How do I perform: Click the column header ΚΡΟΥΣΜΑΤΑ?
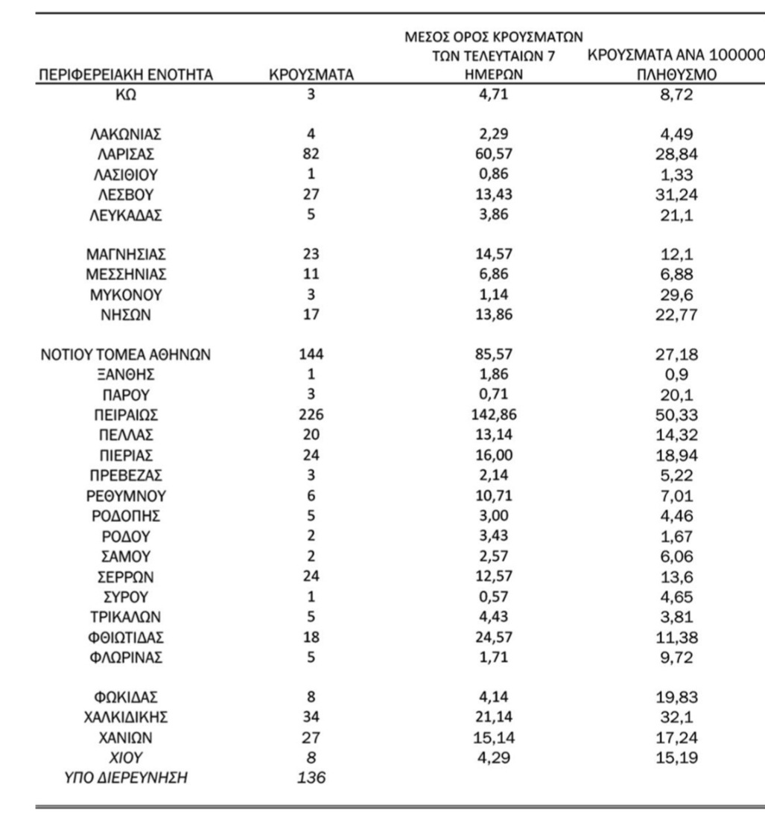click(x=311, y=74)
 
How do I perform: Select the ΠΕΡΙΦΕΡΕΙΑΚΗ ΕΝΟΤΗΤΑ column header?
click(x=125, y=74)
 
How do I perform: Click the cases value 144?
click(x=311, y=354)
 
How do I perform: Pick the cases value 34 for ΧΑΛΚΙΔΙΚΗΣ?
click(x=311, y=717)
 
